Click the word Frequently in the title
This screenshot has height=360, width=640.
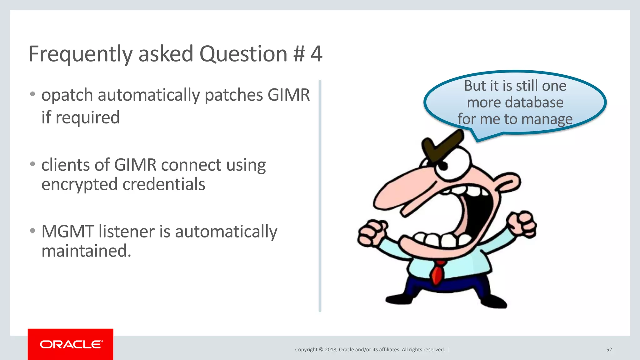click(x=81, y=54)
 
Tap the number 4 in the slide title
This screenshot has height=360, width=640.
click(x=316, y=54)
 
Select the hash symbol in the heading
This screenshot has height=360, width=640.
click(x=299, y=54)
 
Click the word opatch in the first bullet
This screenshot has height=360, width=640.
click(x=67, y=95)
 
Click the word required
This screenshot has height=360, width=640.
click(x=87, y=118)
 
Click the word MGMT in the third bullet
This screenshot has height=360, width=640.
click(x=67, y=232)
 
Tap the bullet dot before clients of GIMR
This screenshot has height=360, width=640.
click(x=32, y=164)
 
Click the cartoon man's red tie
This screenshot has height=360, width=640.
click(x=437, y=272)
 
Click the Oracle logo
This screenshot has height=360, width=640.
click(x=71, y=344)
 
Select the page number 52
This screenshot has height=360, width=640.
click(x=609, y=350)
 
